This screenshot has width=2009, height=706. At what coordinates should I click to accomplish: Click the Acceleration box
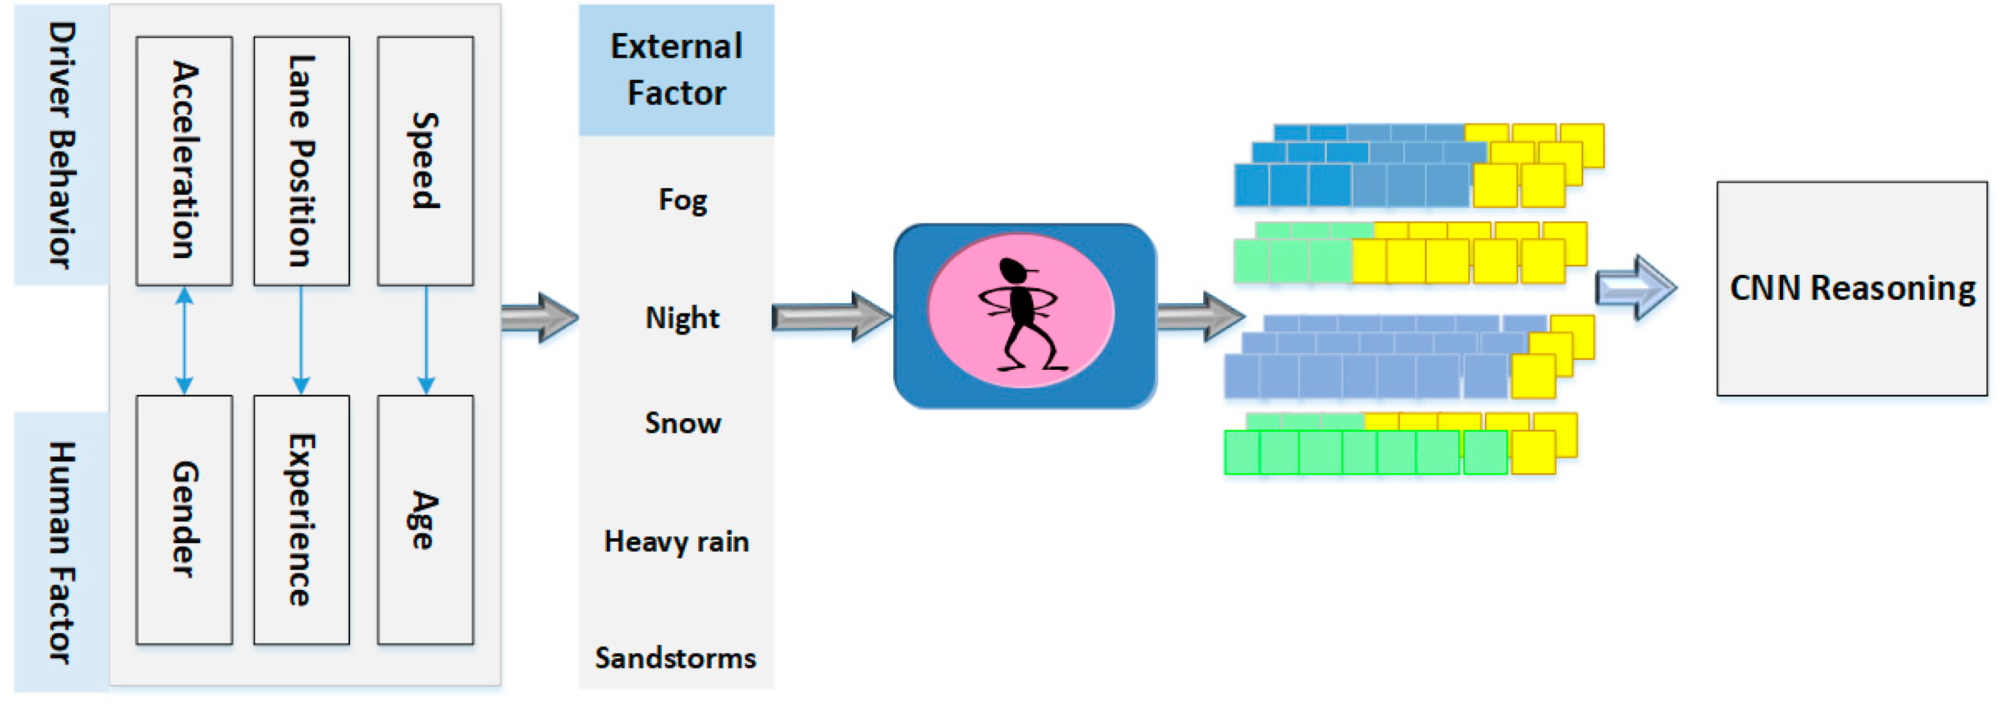(184, 160)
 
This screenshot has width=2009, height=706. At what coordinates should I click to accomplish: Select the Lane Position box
(301, 160)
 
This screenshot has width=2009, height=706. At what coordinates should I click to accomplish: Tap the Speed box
(425, 160)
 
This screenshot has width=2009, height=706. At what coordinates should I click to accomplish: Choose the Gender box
(184, 519)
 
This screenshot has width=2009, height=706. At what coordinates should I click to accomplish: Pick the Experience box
(301, 519)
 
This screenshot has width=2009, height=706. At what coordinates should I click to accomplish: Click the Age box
(425, 519)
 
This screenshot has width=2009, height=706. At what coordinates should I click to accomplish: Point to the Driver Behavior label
(61, 144)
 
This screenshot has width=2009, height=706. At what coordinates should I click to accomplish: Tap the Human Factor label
(61, 552)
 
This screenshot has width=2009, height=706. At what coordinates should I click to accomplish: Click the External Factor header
(676, 70)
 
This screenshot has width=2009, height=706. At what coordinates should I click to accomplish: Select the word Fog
(682, 200)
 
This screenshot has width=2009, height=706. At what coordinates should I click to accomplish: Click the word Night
(682, 318)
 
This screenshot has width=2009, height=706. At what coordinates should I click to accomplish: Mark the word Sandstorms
(676, 658)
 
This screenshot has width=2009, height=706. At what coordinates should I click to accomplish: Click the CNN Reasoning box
(1851, 288)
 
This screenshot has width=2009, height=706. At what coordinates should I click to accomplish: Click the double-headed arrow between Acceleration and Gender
(184, 340)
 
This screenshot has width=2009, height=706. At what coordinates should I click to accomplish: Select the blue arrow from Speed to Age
(426, 340)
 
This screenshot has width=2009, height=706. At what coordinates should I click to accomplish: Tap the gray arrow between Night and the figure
(831, 317)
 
